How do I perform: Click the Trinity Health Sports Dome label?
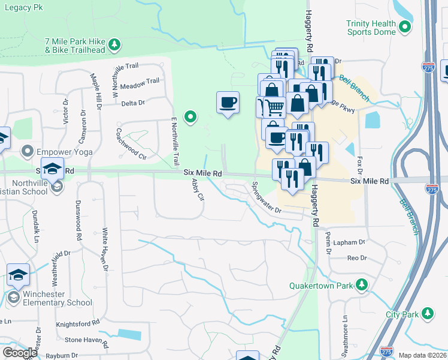(x=371, y=28)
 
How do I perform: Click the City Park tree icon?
(x=427, y=314)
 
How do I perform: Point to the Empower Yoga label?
(x=65, y=152)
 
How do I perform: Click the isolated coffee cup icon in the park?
(x=228, y=103)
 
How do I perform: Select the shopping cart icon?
(x=275, y=108)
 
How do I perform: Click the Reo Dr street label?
(x=356, y=257)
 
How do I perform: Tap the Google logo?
(x=20, y=353)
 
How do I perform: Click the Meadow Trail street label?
(x=140, y=81)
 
